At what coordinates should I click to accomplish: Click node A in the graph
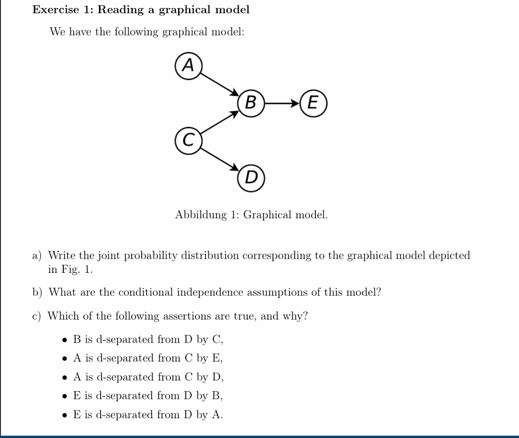click(x=188, y=66)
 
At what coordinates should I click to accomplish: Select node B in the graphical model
click(x=251, y=103)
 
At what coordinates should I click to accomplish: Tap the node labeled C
click(x=188, y=141)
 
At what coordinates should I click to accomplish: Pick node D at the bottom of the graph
click(x=251, y=178)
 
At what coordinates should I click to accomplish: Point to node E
click(x=314, y=103)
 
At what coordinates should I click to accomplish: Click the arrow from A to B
click(x=220, y=84)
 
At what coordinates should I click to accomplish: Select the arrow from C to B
click(x=220, y=122)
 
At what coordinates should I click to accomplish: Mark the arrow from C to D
click(x=220, y=160)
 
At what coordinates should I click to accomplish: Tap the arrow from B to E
click(x=282, y=103)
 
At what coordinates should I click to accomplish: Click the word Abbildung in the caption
click(x=201, y=215)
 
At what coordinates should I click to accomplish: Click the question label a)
click(x=37, y=256)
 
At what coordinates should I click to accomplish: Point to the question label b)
click(x=37, y=293)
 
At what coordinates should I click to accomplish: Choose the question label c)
click(x=36, y=316)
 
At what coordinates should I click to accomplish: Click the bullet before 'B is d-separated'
click(x=65, y=340)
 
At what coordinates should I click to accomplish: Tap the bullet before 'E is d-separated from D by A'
click(x=65, y=415)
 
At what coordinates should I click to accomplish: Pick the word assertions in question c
click(x=187, y=316)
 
